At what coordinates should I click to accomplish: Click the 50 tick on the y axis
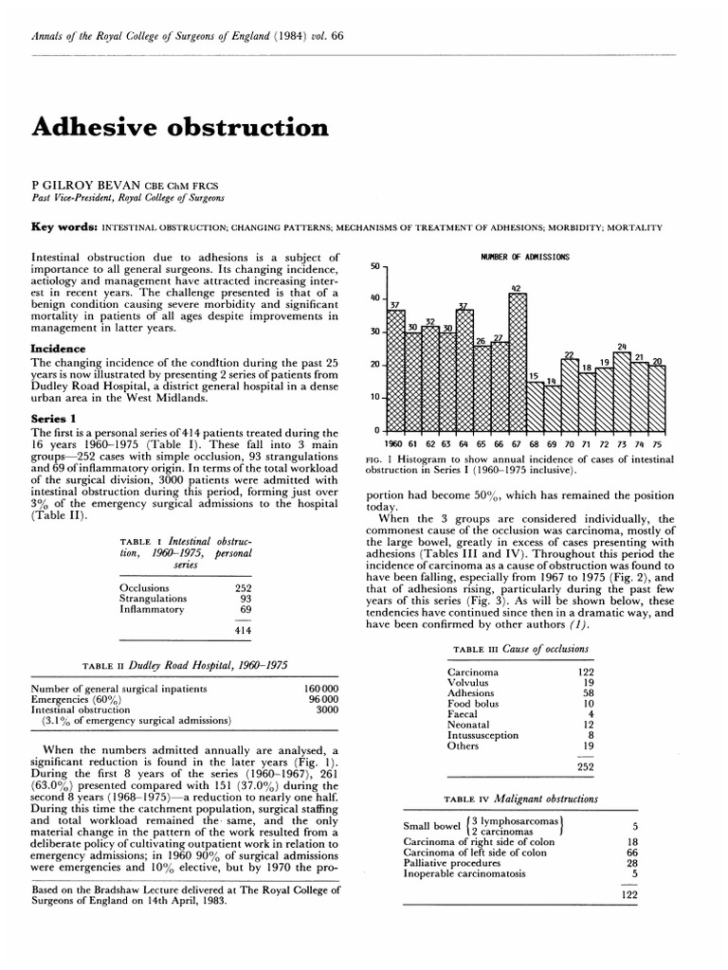[x=373, y=267]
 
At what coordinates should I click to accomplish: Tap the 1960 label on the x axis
[x=394, y=443]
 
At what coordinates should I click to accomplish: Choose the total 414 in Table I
[x=241, y=629]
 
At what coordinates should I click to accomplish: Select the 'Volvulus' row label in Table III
[x=468, y=681]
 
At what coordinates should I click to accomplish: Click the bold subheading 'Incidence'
[x=59, y=349]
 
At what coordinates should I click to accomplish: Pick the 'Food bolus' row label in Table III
[x=473, y=704]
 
